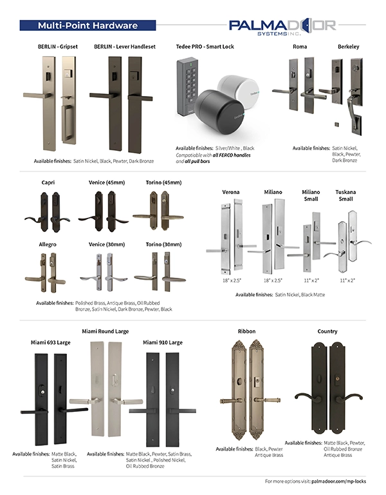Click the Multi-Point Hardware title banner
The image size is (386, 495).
pyautogui.click(x=87, y=26)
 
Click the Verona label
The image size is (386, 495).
pyautogui.click(x=231, y=192)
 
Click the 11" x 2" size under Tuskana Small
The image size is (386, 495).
pyautogui.click(x=347, y=281)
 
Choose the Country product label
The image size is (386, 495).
pyautogui.click(x=327, y=331)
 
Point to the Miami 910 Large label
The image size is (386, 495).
pyautogui.click(x=164, y=342)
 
